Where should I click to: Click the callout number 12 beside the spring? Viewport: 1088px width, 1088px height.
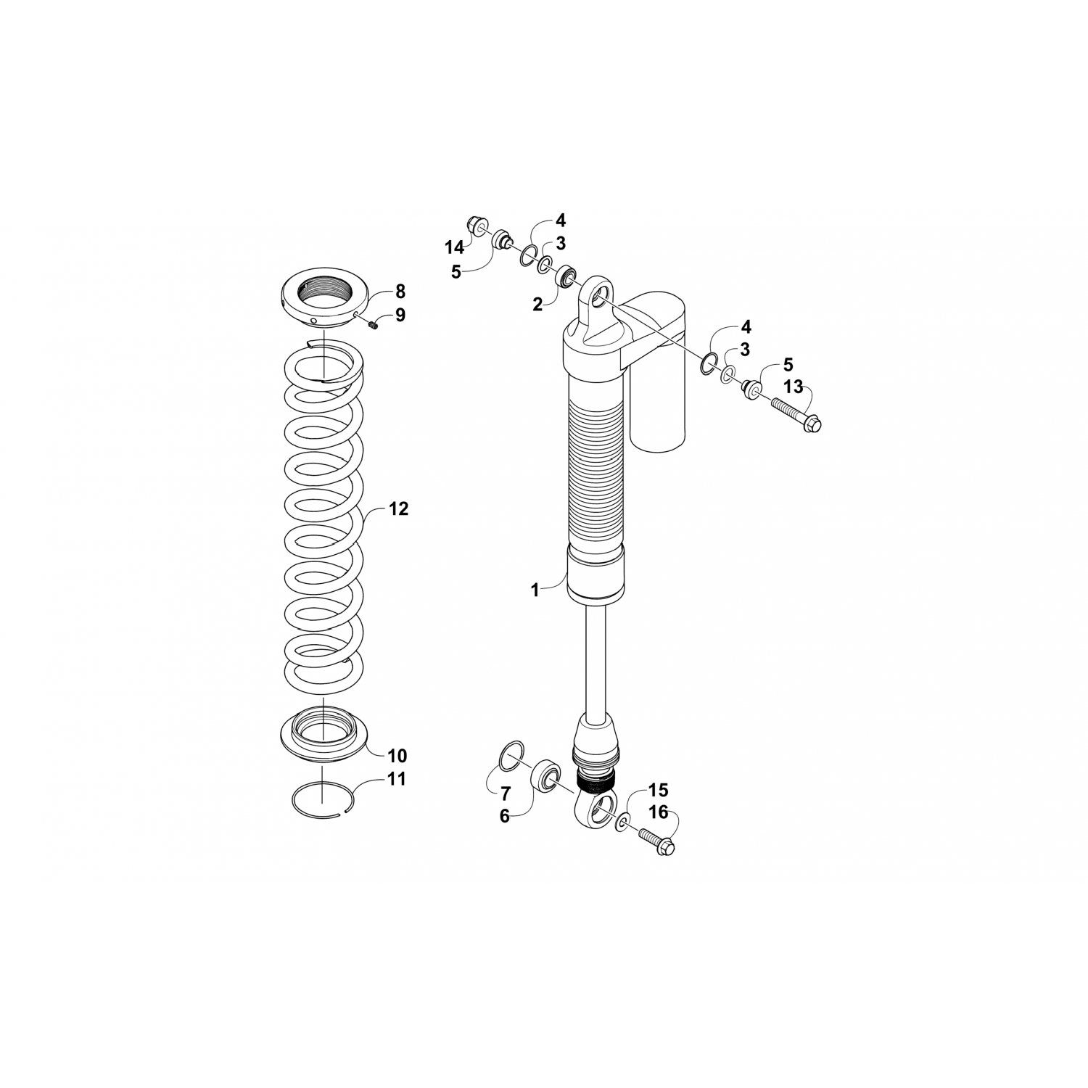coord(398,509)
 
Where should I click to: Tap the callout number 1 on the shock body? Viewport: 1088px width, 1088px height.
coord(535,590)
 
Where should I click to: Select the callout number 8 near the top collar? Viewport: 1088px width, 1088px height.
coord(400,292)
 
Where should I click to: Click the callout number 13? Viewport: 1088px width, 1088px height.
coord(794,387)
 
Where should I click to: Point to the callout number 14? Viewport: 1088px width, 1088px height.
coord(454,248)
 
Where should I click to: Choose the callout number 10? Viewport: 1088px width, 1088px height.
coord(397,756)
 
